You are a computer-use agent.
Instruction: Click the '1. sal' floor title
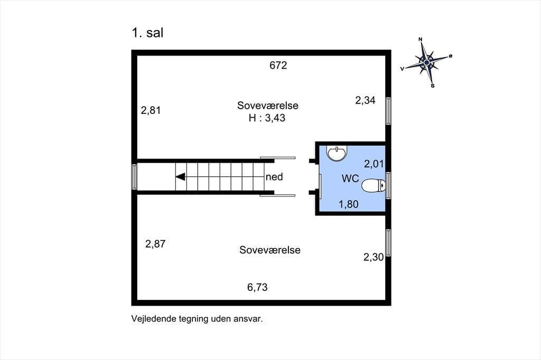(x=147, y=33)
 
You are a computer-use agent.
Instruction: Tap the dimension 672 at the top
(x=278, y=65)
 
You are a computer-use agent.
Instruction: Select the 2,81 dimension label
(x=151, y=110)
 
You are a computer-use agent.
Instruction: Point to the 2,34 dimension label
(x=366, y=100)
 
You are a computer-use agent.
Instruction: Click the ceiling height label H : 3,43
(x=267, y=118)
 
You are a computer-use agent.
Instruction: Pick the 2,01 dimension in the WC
(x=374, y=164)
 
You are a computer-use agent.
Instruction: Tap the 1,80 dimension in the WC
(x=349, y=204)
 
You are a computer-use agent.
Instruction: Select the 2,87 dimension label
(x=155, y=244)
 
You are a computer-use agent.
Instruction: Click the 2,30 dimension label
(x=374, y=257)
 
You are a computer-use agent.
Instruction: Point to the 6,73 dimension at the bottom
(x=257, y=287)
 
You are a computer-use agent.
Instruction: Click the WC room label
(x=350, y=178)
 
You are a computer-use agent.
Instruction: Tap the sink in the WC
(x=337, y=154)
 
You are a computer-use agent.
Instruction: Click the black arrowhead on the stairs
(x=181, y=177)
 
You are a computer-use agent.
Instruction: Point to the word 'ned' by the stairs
(x=274, y=177)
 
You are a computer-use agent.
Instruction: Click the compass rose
(x=427, y=62)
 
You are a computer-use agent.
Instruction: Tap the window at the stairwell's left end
(x=134, y=176)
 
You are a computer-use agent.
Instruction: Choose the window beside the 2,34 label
(x=388, y=111)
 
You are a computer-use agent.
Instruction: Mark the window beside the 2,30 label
(x=388, y=243)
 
